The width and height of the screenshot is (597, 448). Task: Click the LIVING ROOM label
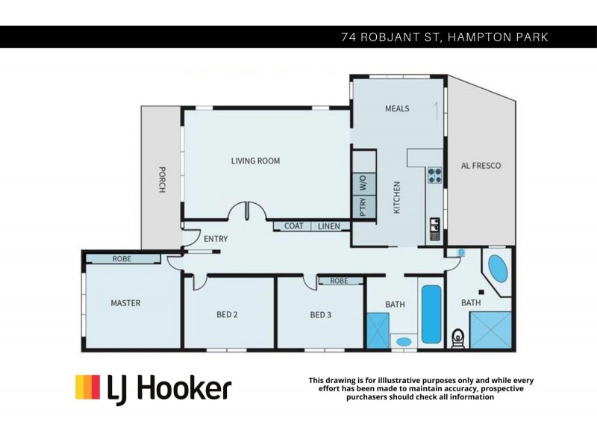(255, 161)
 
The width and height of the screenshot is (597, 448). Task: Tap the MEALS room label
(397, 108)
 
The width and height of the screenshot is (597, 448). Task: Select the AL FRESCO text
(481, 165)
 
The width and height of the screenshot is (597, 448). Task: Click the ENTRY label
(216, 239)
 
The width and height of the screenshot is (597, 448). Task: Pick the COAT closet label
(293, 225)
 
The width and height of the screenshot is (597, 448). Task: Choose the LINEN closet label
(328, 225)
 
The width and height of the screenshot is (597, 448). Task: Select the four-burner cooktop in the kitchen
(434, 175)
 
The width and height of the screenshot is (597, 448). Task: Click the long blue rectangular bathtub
(431, 314)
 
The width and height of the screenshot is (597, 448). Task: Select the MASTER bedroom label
(125, 303)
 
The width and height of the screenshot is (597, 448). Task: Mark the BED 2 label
(227, 315)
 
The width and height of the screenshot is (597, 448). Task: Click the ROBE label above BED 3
(339, 281)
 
